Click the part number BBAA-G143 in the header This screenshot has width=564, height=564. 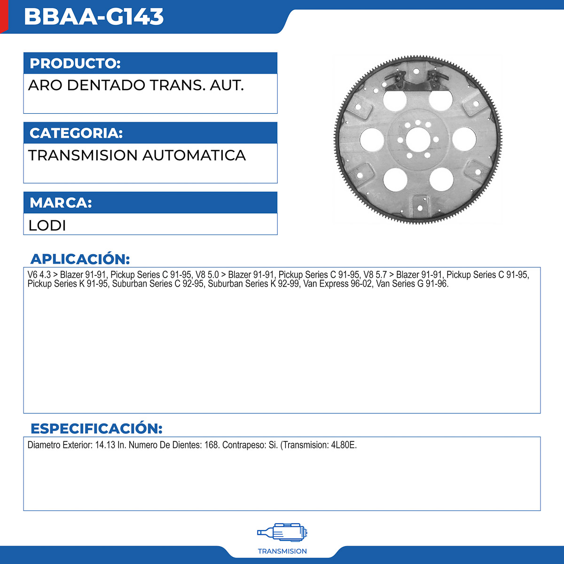pos(94,17)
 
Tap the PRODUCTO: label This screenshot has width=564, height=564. pos(75,63)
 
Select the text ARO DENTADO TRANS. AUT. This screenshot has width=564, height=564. pos(136,86)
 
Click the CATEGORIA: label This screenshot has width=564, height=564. pos(76,133)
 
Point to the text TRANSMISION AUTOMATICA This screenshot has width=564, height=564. pos(137,156)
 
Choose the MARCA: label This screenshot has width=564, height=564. pos(61,203)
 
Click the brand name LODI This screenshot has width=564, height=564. pos(47,226)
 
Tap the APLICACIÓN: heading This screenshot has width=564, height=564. pos(80,259)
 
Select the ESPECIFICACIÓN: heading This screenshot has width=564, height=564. pos(96,429)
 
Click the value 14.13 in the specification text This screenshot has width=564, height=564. pos(105,445)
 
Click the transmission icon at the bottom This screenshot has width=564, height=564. pos(282,533)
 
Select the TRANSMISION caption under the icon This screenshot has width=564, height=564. pos(282,551)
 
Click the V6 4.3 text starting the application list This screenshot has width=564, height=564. pos(39,275)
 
